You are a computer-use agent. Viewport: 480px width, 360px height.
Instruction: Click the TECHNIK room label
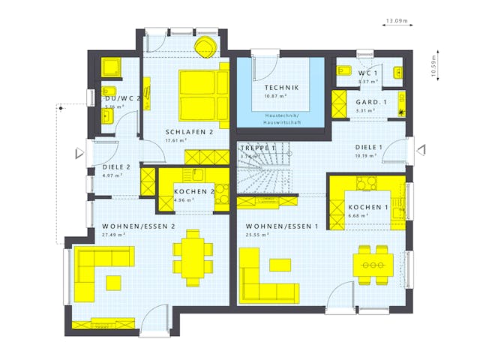tap(281, 88)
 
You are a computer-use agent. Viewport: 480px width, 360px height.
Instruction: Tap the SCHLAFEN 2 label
tap(190, 131)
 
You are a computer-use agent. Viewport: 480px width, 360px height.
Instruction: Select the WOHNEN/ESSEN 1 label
tap(282, 226)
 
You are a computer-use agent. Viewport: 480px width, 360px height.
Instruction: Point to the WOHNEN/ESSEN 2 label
tap(139, 226)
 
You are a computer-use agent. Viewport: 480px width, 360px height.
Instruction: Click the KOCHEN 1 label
tap(367, 207)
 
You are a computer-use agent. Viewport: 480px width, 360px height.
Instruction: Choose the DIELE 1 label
tap(369, 147)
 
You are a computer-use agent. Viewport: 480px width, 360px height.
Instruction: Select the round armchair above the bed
tap(204, 46)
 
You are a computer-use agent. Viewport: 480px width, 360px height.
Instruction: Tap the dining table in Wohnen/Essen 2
tap(193, 257)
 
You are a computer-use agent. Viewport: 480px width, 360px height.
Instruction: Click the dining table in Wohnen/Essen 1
tap(373, 265)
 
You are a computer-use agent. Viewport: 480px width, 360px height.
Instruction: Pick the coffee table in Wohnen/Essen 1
tap(280, 264)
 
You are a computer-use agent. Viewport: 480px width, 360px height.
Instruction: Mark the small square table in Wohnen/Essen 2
tap(113, 282)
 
